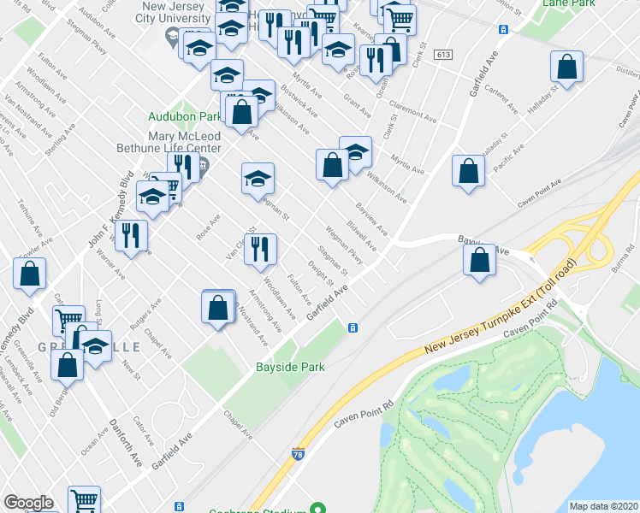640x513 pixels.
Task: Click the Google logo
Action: coord(28,503)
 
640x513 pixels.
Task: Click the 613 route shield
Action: coord(442,55)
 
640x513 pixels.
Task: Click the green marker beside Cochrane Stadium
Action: coord(317,508)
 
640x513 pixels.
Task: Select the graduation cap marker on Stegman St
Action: coord(258,180)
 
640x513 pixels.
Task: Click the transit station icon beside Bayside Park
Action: coord(352,328)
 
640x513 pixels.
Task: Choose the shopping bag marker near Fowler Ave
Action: coord(29,274)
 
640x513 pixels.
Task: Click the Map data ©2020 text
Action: coord(603,506)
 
